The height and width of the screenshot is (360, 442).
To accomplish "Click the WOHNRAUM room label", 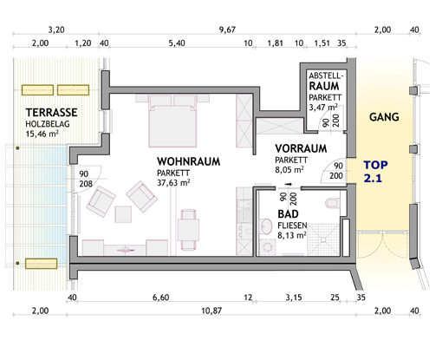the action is [188, 161].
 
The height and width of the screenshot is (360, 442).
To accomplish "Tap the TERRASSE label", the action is [51, 113].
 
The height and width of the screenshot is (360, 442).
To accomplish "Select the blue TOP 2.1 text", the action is [375, 172].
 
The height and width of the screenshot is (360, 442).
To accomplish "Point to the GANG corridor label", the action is [384, 117].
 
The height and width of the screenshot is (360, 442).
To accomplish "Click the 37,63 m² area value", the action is [173, 183].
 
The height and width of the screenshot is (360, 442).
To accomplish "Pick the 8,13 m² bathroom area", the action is [292, 235].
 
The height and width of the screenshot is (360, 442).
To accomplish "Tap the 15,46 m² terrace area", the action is [42, 134].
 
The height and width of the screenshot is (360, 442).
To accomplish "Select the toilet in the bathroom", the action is [333, 203].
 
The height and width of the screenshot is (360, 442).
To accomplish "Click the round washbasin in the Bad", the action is [266, 226].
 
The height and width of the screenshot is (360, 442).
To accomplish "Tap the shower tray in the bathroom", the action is [323, 239].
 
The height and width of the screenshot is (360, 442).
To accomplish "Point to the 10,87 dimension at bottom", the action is [211, 311].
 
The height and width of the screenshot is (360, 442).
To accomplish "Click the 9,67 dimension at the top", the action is [227, 29].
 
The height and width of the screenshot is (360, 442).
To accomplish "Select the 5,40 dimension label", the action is [177, 43].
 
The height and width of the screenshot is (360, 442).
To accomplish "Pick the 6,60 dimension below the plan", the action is [161, 298].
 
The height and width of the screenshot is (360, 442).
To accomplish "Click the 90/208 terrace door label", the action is [86, 179].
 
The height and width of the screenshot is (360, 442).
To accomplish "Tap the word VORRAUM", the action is [301, 148].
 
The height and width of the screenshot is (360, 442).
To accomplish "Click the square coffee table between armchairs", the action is [123, 214].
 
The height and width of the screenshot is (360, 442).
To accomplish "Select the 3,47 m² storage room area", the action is [323, 108].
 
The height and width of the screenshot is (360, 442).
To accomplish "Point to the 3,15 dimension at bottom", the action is [294, 298].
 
